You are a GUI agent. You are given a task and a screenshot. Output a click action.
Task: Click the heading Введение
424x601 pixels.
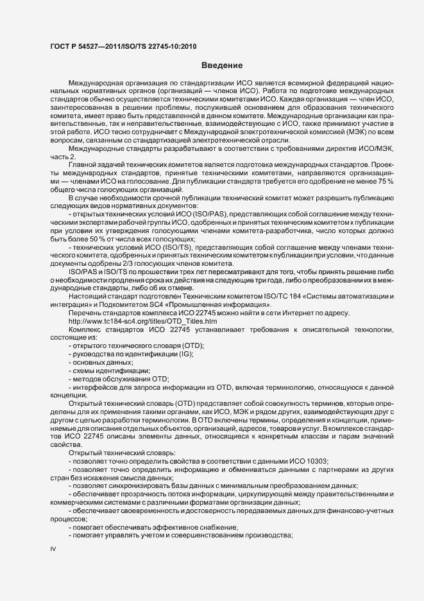221,65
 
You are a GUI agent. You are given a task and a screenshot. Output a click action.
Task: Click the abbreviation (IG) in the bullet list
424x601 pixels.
186,354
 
